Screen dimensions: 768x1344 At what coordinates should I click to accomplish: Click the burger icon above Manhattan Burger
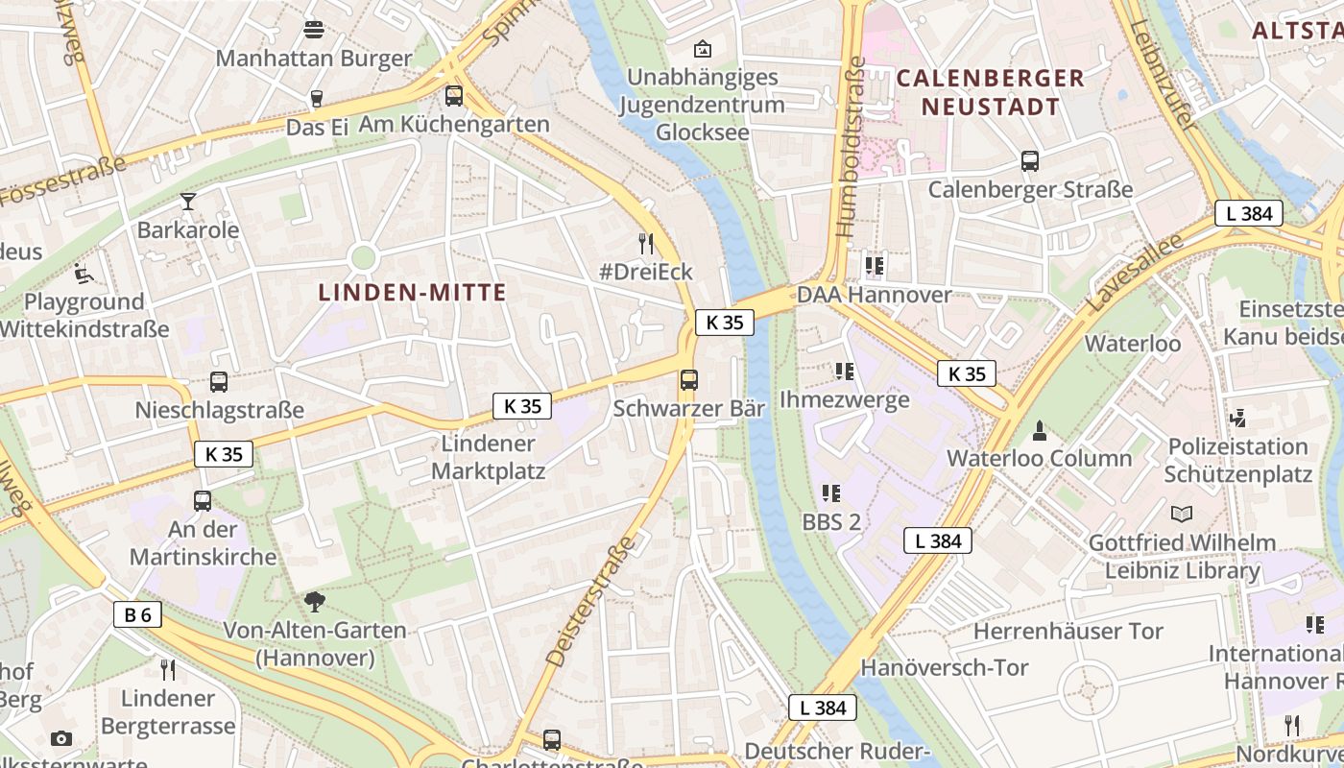click(x=313, y=30)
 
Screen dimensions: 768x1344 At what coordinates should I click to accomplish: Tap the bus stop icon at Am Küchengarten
click(x=454, y=96)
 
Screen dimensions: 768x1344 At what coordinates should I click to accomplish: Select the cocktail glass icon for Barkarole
click(x=187, y=202)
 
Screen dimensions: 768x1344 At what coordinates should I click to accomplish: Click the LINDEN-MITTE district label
click(x=412, y=293)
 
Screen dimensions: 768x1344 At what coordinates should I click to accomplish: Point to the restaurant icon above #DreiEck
click(x=646, y=243)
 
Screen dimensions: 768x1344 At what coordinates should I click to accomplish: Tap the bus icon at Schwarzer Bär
click(x=688, y=379)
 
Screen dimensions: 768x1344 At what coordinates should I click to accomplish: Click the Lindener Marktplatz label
click(x=488, y=457)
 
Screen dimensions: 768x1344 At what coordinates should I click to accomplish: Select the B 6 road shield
click(x=137, y=614)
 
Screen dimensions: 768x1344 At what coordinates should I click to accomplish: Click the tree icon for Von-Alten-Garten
click(x=314, y=602)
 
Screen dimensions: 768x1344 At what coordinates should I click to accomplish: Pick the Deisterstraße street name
click(x=590, y=602)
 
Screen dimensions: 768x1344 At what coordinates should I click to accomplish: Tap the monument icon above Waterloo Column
click(x=1039, y=430)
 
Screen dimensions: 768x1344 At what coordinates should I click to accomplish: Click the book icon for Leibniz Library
click(x=1181, y=514)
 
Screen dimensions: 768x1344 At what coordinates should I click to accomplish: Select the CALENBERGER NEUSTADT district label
click(x=990, y=92)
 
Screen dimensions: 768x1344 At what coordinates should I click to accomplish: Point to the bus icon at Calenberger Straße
click(x=1030, y=161)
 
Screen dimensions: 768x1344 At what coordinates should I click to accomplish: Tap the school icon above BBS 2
click(x=831, y=493)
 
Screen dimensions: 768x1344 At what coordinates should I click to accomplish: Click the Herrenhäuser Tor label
click(x=1068, y=631)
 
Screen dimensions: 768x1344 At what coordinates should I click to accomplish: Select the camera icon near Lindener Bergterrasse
click(x=61, y=738)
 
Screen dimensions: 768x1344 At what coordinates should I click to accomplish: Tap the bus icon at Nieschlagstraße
click(x=219, y=382)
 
